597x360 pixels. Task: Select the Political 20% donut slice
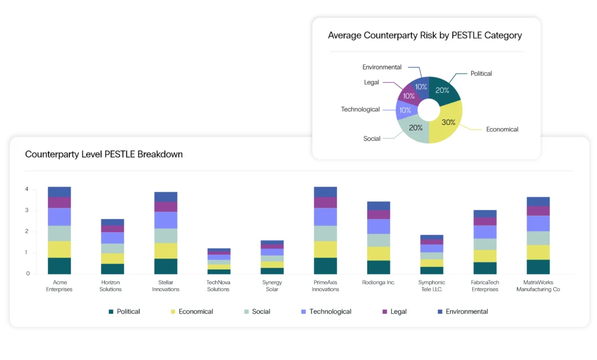pos(443,91)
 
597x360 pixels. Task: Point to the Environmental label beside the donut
pos(382,67)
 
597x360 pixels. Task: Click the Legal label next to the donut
pos(371,82)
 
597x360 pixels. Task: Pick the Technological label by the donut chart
pos(360,109)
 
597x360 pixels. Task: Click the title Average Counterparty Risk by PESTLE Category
pos(425,35)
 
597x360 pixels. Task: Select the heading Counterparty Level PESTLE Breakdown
pos(104,155)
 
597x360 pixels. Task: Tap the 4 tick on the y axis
pos(27,189)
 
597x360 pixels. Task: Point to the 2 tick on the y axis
pos(27,232)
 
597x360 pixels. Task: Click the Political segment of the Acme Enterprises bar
pos(59,265)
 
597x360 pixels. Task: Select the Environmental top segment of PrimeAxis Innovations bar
pos(325,192)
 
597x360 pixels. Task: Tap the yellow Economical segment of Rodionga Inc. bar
pos(378,253)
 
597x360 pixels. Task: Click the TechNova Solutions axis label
pos(219,286)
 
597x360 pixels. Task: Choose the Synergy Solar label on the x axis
pos(272,286)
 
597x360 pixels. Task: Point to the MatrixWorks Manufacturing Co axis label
pos(538,286)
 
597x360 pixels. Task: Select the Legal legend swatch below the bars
pos(384,312)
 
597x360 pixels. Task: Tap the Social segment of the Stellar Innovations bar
pos(166,235)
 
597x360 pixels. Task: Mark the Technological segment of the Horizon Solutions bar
pos(113,237)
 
